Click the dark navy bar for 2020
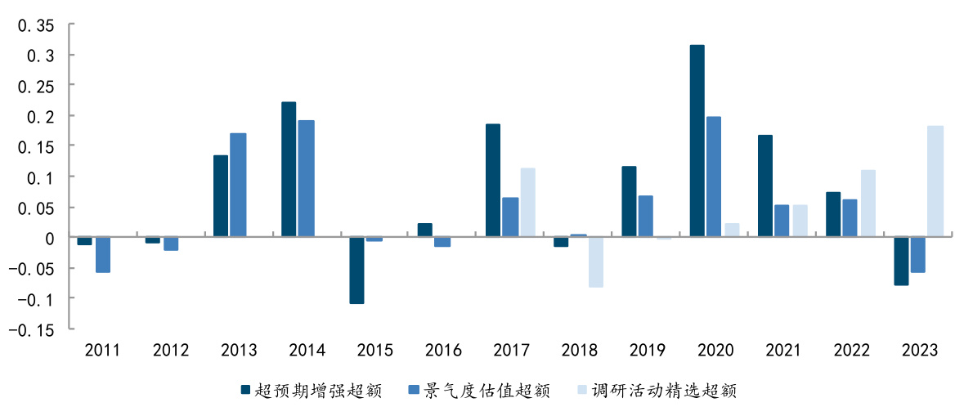(x=697, y=141)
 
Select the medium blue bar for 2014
(x=307, y=179)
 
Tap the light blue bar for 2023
(x=935, y=181)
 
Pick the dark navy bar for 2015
(x=356, y=271)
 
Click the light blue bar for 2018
(x=595, y=262)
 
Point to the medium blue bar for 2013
(x=238, y=186)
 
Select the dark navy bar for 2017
(x=492, y=181)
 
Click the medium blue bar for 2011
(x=102, y=255)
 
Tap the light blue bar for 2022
(x=868, y=203)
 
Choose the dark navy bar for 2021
(x=764, y=186)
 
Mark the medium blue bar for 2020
(x=714, y=177)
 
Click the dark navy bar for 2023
(x=901, y=262)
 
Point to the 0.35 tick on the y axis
(x=36, y=25)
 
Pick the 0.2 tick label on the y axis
(x=40, y=117)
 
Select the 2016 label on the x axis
(x=443, y=351)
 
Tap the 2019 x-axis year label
(x=647, y=351)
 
